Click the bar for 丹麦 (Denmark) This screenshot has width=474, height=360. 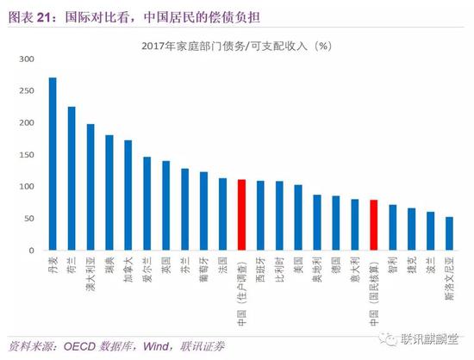(53, 164)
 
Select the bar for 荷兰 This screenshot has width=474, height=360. (72, 178)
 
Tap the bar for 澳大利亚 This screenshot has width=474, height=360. (90, 187)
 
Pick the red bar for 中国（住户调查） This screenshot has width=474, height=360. (241, 214)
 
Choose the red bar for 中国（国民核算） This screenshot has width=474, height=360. (373, 225)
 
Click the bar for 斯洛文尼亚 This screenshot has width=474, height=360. (448, 233)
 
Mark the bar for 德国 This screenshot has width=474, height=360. (335, 223)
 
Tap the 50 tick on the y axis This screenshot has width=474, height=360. (25, 219)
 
